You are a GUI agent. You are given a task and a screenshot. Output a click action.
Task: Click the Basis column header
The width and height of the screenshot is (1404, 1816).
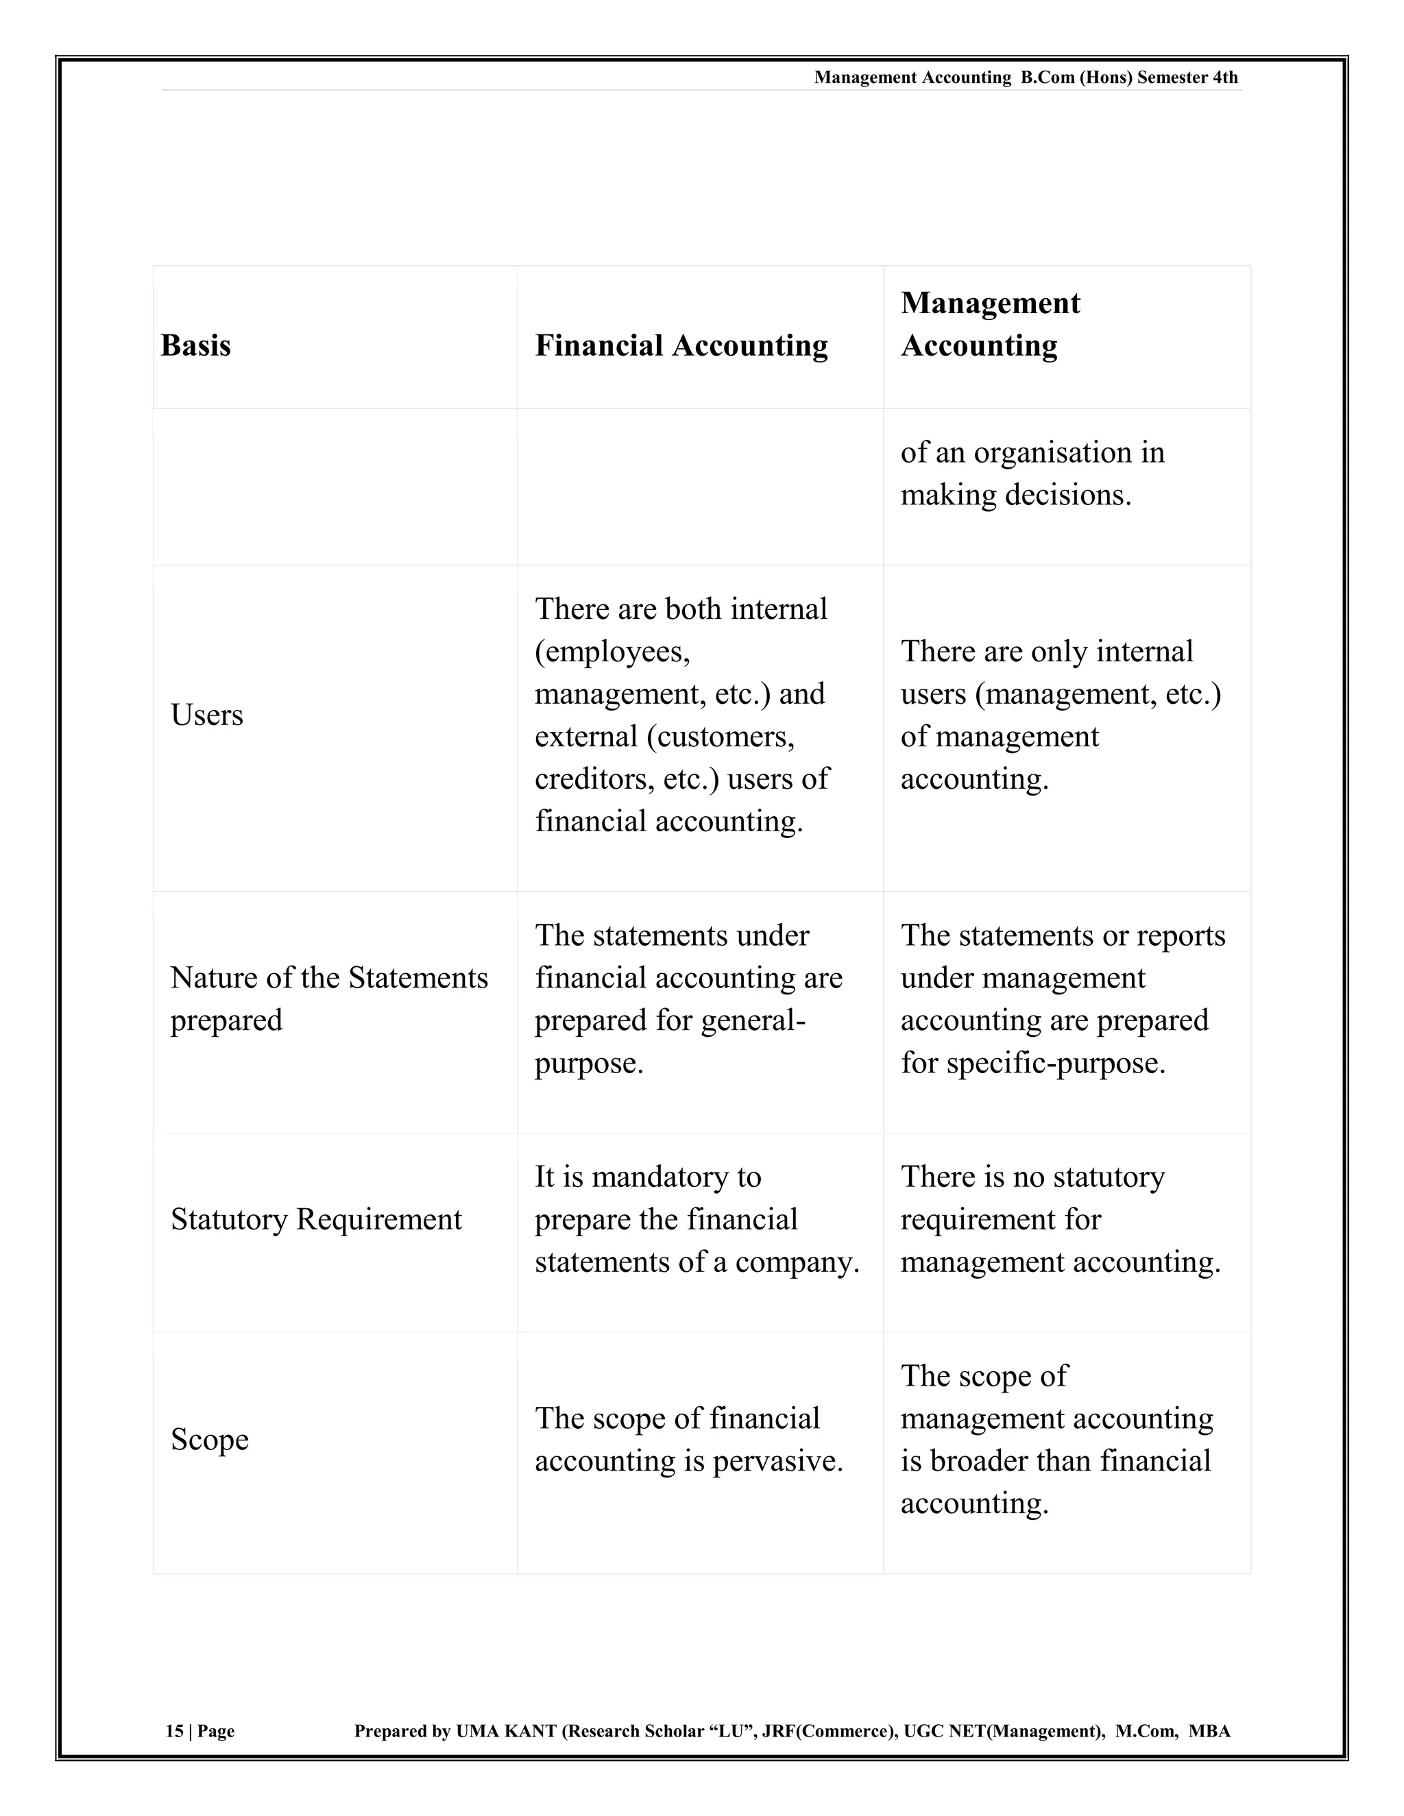tap(195, 345)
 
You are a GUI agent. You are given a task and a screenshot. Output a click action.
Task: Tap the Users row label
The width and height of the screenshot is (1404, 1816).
tap(206, 715)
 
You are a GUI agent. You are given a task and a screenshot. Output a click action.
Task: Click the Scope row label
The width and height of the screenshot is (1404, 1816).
tap(210, 1439)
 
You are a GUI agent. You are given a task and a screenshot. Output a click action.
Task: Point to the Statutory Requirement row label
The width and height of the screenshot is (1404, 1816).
tap(315, 1220)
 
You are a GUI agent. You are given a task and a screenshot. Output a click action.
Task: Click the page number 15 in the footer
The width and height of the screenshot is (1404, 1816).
tap(174, 1731)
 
